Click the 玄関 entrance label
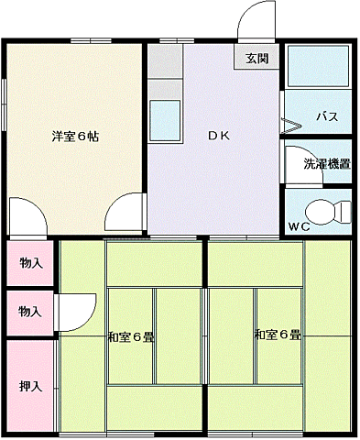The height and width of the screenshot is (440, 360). pyautogui.click(x=256, y=59)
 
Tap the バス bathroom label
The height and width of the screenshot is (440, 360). pyautogui.click(x=327, y=116)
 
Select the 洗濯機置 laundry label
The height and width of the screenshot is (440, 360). pyautogui.click(x=326, y=165)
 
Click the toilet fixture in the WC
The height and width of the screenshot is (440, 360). pyautogui.click(x=329, y=209)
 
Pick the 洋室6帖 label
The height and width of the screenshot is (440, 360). pyautogui.click(x=75, y=136)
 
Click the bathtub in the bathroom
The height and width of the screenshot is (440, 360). pyautogui.click(x=318, y=66)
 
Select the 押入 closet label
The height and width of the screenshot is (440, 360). pyautogui.click(x=30, y=386)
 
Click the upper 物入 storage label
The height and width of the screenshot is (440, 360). pyautogui.click(x=30, y=263)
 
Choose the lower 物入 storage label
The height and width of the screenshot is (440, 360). pyautogui.click(x=30, y=312)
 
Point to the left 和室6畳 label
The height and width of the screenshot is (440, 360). pyautogui.click(x=131, y=336)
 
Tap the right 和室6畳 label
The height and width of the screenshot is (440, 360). pyautogui.click(x=278, y=335)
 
